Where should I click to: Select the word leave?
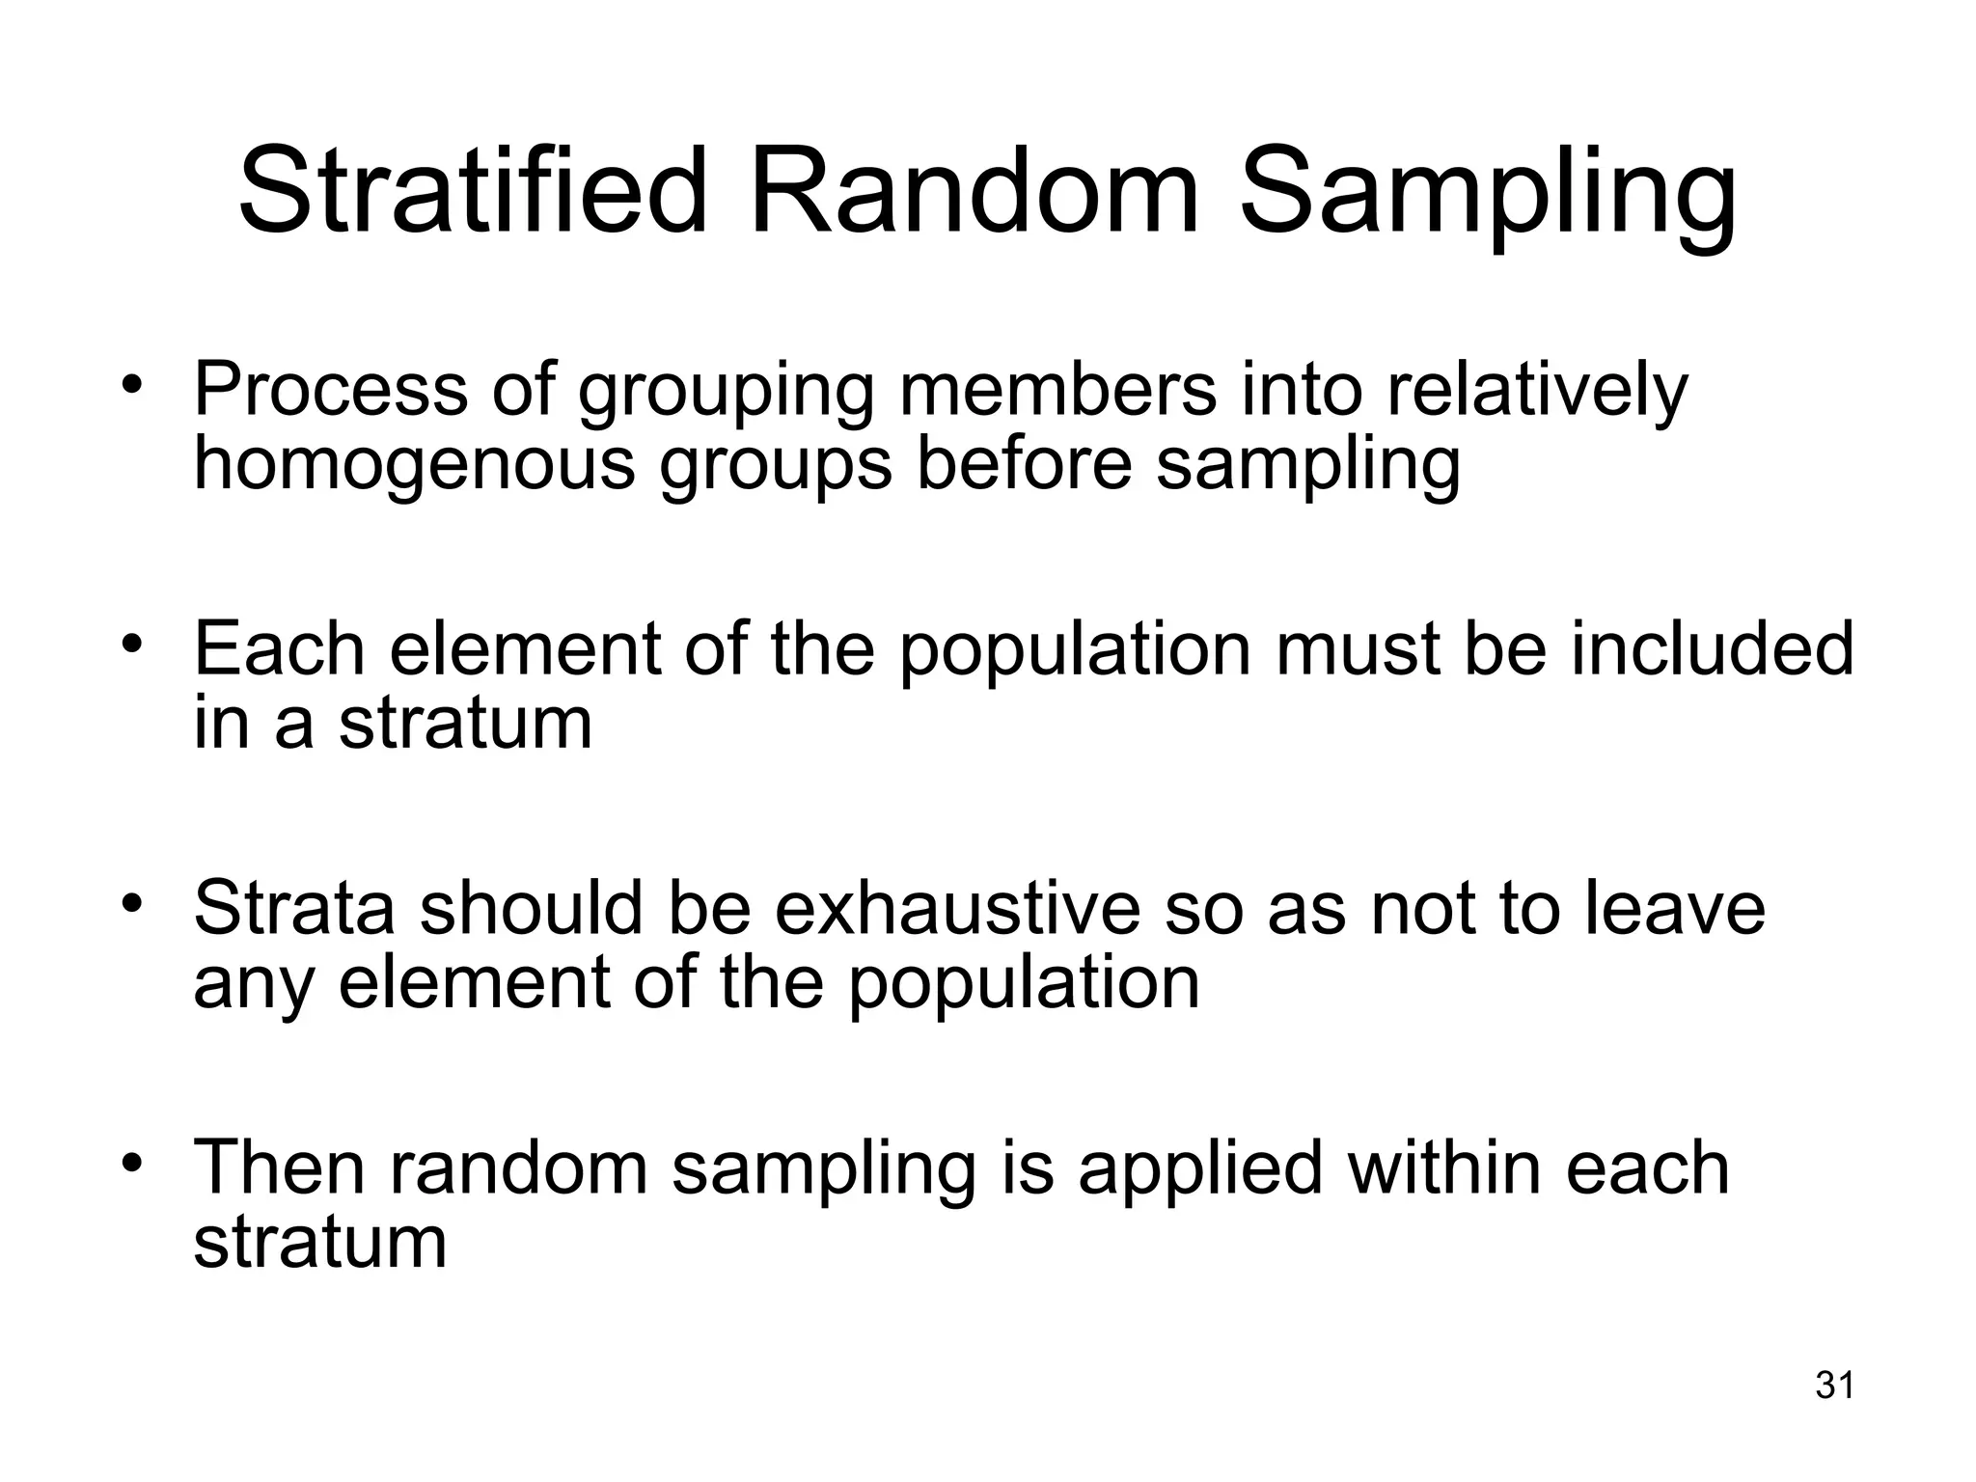click(x=1673, y=908)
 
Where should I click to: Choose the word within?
click(x=1443, y=1166)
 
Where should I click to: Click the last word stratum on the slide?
click(x=320, y=1243)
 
